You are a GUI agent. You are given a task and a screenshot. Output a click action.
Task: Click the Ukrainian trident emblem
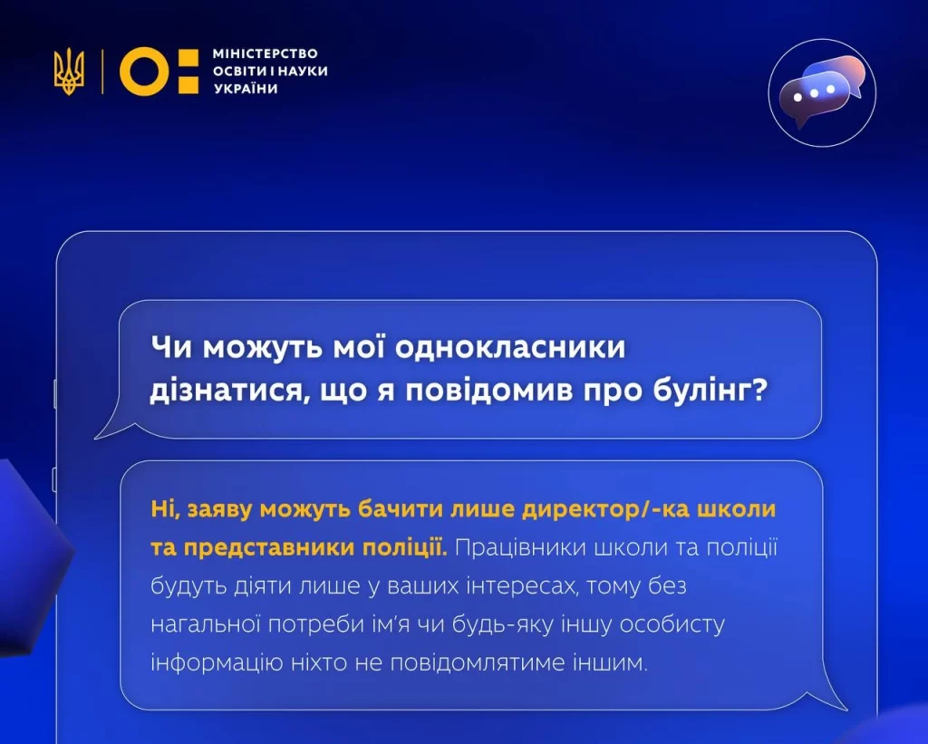point(69,72)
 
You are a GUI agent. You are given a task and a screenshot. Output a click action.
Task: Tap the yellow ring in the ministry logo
point(144,71)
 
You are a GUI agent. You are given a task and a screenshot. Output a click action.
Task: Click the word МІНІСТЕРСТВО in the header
point(266,53)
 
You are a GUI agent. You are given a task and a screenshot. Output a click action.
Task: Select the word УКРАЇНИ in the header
point(246,89)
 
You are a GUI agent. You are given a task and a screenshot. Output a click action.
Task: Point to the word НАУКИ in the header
point(303,71)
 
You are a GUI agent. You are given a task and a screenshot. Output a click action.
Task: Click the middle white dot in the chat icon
point(815,93)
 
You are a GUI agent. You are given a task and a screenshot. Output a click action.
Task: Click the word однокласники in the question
point(509,347)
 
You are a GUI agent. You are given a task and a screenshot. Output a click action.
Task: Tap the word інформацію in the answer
point(217,662)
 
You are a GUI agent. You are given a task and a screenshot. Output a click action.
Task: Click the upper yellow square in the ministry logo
point(188,57)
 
